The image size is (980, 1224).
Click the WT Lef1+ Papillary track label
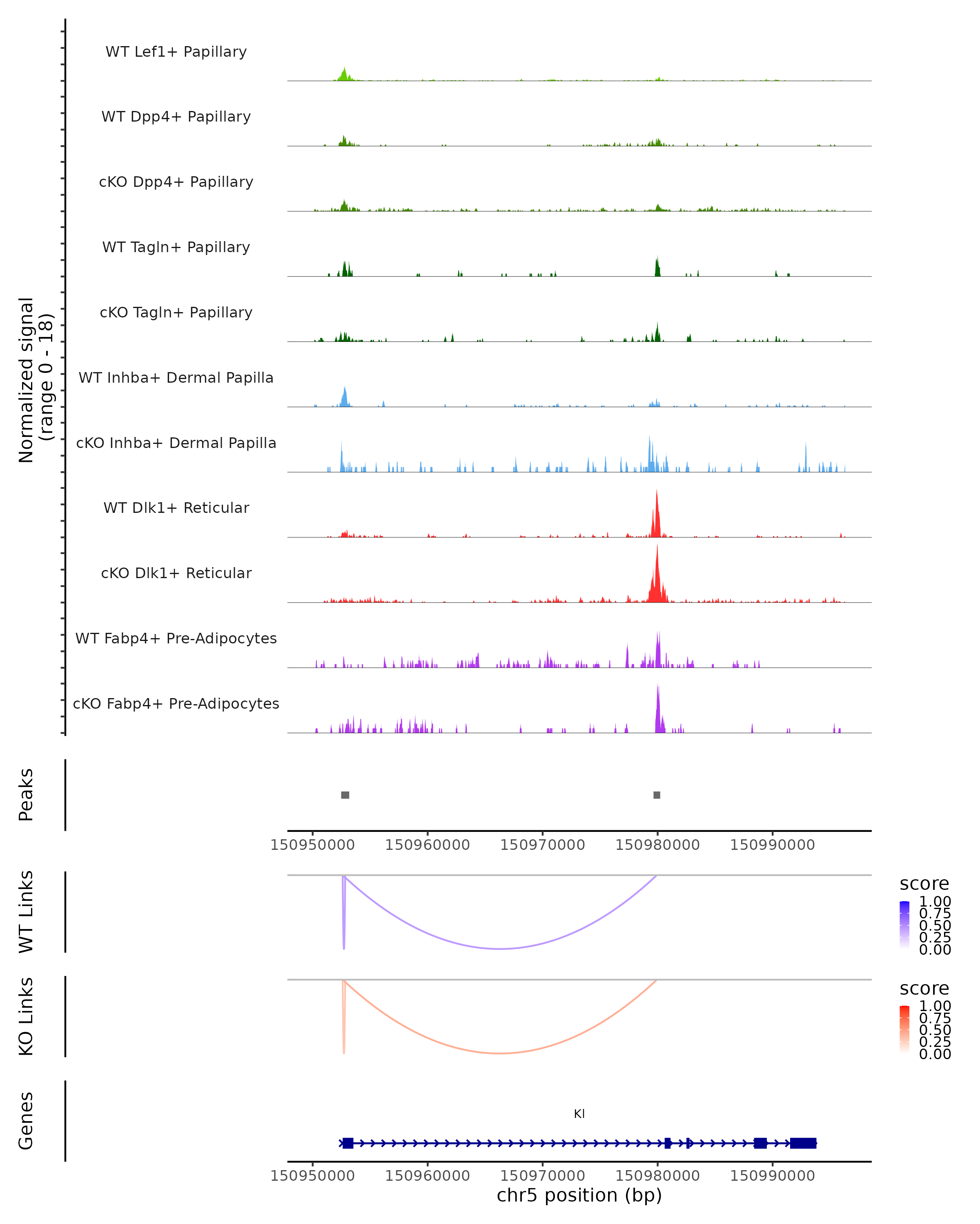(176, 52)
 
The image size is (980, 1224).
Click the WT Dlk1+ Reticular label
(176, 508)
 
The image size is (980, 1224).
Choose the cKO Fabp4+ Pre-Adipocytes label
(176, 703)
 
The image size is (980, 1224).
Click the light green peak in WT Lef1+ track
(344, 74)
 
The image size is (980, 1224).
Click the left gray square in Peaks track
(345, 795)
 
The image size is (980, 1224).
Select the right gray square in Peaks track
(657, 795)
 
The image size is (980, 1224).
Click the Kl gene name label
(579, 1114)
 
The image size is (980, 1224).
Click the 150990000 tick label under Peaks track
(772, 845)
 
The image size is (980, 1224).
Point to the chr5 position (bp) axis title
(579, 1195)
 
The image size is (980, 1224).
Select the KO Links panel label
(26, 1016)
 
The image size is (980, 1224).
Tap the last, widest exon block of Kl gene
(803, 1143)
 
